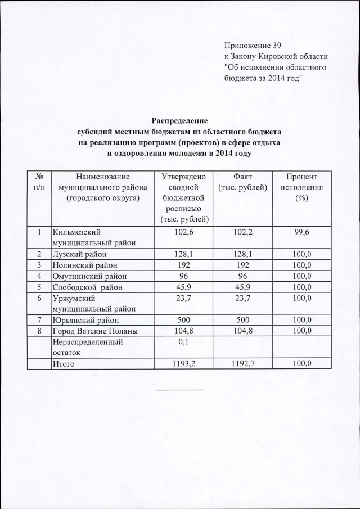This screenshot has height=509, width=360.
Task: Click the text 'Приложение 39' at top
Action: [x=252, y=44]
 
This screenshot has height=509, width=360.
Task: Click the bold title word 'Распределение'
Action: [x=180, y=120]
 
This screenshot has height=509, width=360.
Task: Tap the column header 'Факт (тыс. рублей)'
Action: [x=242, y=182]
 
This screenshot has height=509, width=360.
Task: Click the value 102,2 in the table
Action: [x=242, y=232]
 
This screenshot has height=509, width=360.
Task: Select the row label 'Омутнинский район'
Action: [x=89, y=276]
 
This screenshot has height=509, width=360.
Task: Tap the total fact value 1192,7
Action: [x=242, y=364]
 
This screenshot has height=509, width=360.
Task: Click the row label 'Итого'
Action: [x=64, y=364]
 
